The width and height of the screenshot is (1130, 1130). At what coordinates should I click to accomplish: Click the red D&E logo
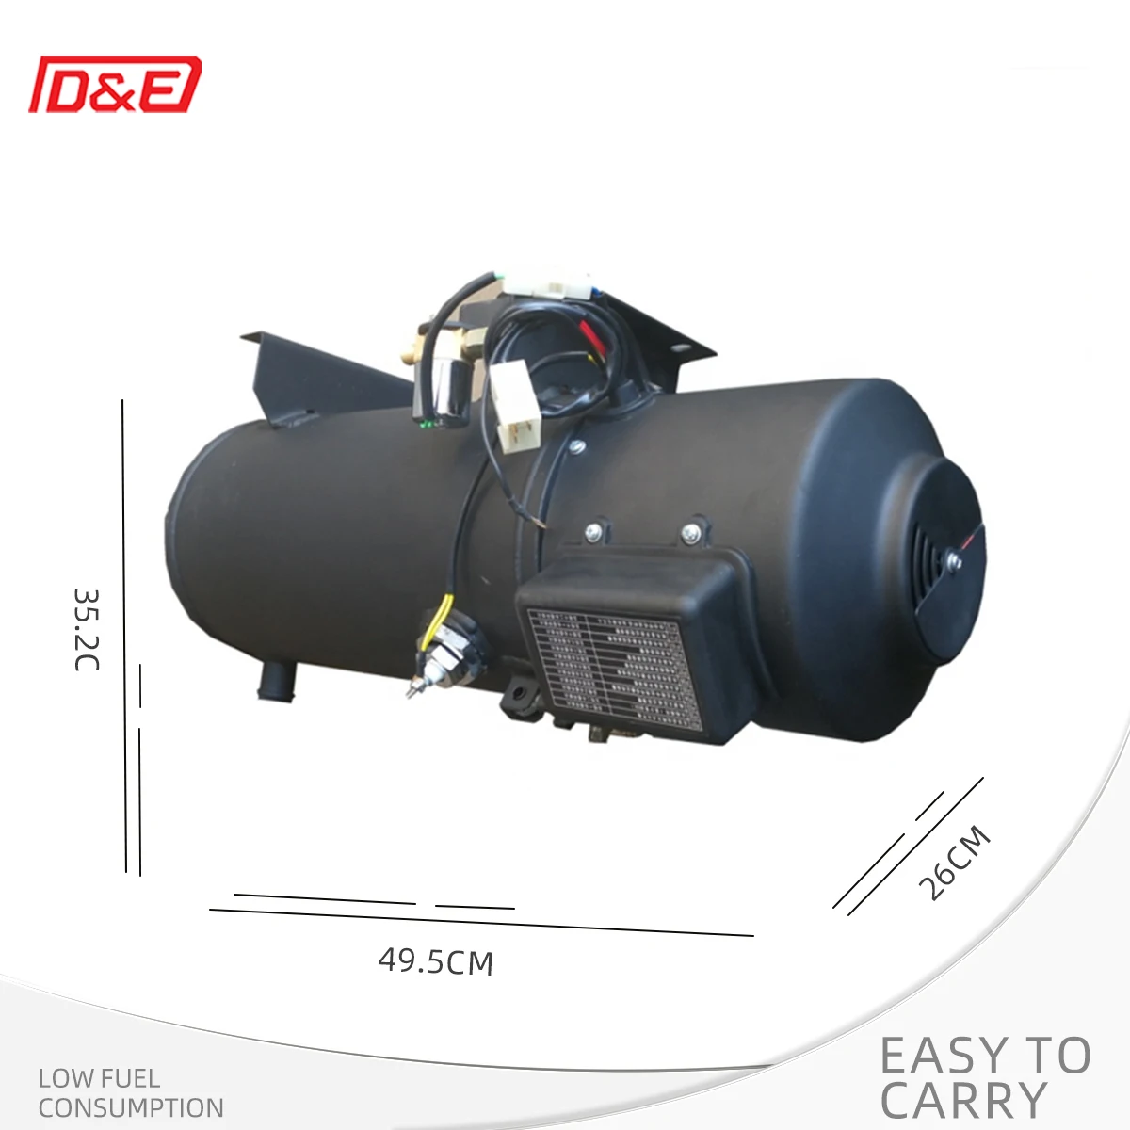pyautogui.click(x=115, y=85)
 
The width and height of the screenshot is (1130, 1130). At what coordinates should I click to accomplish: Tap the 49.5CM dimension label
pyautogui.click(x=436, y=961)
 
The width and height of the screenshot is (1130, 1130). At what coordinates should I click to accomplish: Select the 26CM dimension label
pyautogui.click(x=955, y=863)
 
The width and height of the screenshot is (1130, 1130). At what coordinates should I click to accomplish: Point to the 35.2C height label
pyautogui.click(x=86, y=629)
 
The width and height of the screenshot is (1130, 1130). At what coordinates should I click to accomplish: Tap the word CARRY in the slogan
pyautogui.click(x=964, y=1101)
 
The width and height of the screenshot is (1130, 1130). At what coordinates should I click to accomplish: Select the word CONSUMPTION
pyautogui.click(x=131, y=1107)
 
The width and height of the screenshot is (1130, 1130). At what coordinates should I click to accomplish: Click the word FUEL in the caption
pyautogui.click(x=127, y=1078)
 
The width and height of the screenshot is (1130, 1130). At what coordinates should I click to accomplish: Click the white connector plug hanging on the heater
pyautogui.click(x=514, y=411)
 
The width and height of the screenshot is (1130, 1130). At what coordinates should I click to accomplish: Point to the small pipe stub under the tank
pyautogui.click(x=277, y=681)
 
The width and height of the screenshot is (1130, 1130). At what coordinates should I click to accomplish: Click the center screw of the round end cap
pyautogui.click(x=954, y=561)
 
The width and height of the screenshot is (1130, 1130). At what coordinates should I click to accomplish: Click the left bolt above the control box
pyautogui.click(x=594, y=533)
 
